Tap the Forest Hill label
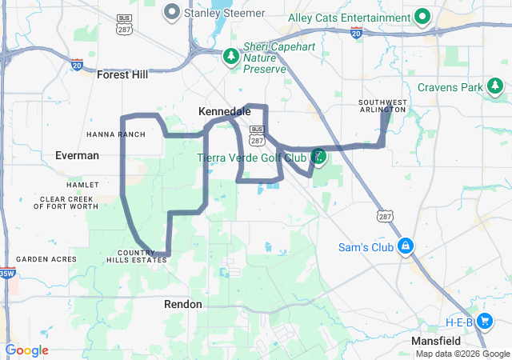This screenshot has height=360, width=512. (x=122, y=74)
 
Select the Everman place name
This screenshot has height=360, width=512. (x=77, y=155)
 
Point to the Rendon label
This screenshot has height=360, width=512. (x=183, y=304)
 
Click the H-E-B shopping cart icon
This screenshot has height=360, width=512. (x=485, y=322)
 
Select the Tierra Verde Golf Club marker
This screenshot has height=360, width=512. (x=318, y=156)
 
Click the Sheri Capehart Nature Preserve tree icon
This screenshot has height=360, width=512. (x=230, y=56)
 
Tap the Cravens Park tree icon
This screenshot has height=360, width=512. (x=496, y=86)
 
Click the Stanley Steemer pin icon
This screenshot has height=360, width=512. (x=172, y=12)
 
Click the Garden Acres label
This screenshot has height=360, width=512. (x=46, y=259)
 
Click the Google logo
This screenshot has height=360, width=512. (x=26, y=350)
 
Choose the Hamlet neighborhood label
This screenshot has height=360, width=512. (x=82, y=185)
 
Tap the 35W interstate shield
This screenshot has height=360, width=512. (x=6, y=274)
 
